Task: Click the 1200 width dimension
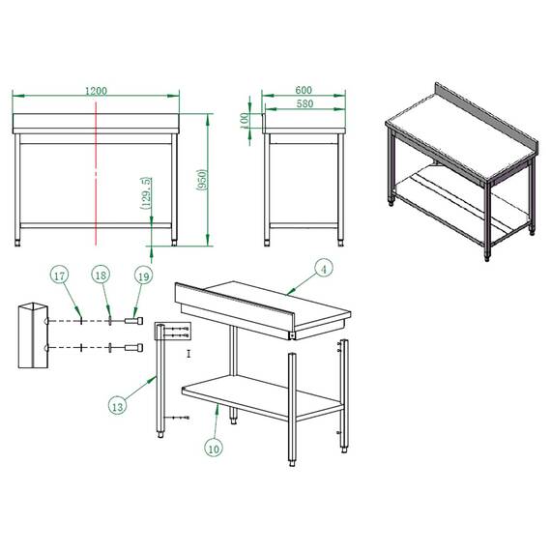(96, 90)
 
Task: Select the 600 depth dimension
(304, 90)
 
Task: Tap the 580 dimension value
(304, 103)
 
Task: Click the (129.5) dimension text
(145, 193)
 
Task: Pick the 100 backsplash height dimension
(246, 119)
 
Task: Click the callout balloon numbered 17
(60, 276)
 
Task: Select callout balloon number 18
(101, 276)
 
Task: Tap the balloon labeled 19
(142, 276)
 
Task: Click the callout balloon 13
(117, 406)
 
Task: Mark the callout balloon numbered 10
(214, 447)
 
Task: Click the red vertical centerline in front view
(96, 174)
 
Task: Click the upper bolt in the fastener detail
(134, 321)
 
